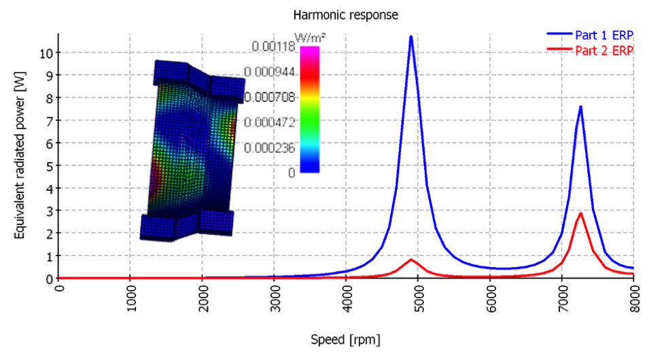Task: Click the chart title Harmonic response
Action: pyautogui.click(x=345, y=14)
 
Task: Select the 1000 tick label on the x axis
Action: pyautogui.click(x=131, y=299)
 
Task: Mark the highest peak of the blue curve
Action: pyautogui.click(x=411, y=36)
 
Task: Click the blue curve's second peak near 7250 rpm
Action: pyautogui.click(x=580, y=107)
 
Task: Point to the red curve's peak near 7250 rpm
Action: pyautogui.click(x=580, y=213)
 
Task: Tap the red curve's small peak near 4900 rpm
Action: pyautogui.click(x=411, y=259)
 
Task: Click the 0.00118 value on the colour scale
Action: pyautogui.click(x=273, y=46)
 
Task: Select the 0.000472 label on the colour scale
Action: pyautogui.click(x=270, y=122)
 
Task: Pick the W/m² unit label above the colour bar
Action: pyautogui.click(x=306, y=36)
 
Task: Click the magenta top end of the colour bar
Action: pyautogui.click(x=309, y=50)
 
